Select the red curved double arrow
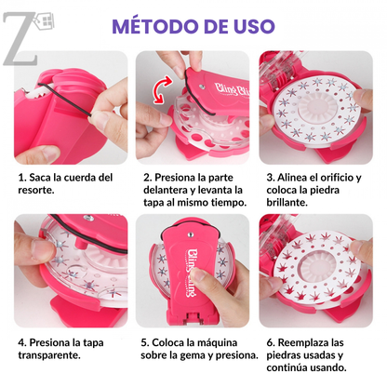pos(163,89)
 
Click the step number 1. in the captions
pos(21,178)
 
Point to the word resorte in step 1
pos(36,191)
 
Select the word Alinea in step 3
pos(292,178)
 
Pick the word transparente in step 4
pos(49,355)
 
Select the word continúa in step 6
pos(286,368)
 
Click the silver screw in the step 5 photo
pos(191,234)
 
